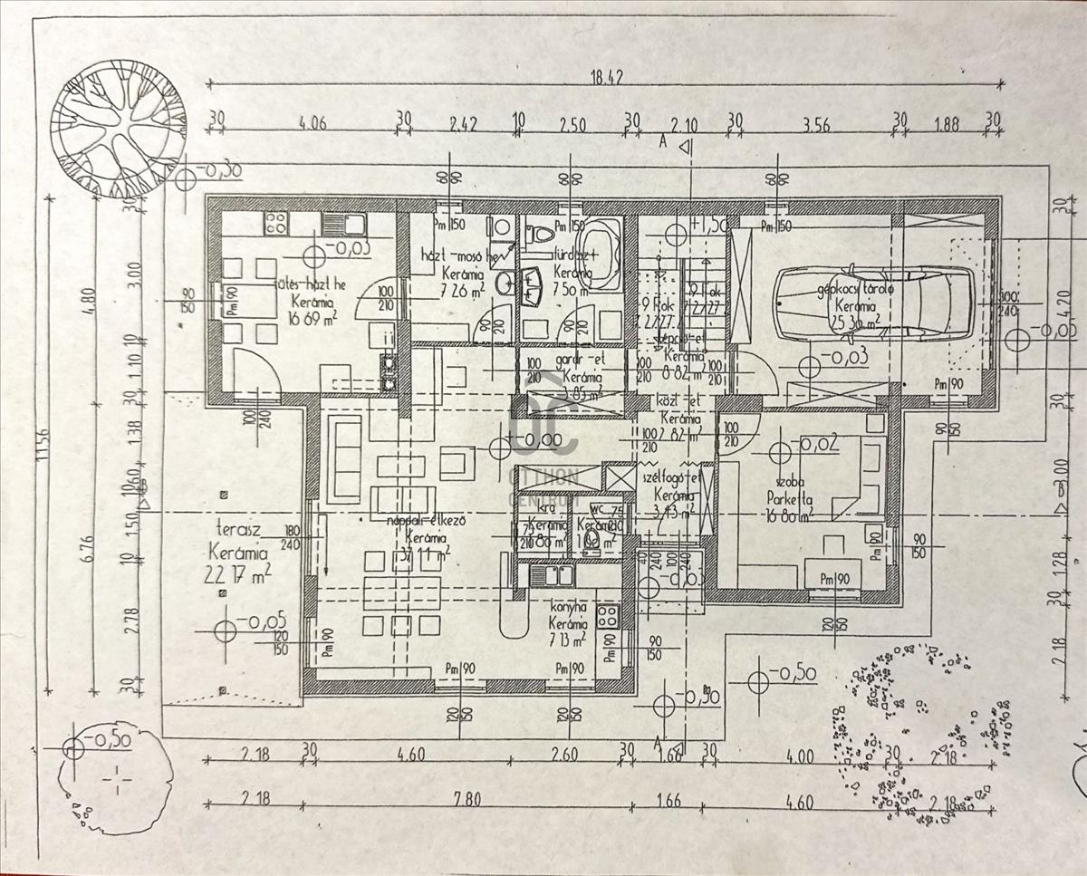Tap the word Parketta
pyautogui.click(x=788, y=498)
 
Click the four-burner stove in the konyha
pyautogui.click(x=607, y=615)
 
